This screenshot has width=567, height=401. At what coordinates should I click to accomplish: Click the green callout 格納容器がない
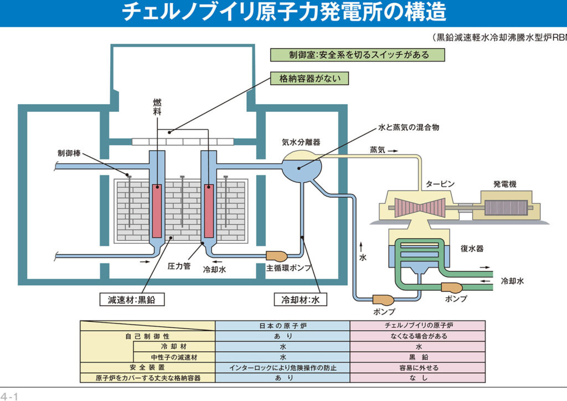pos(310,79)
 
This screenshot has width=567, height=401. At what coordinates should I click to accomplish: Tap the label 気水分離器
pos(301,142)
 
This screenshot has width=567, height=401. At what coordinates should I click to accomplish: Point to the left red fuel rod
pos(157,210)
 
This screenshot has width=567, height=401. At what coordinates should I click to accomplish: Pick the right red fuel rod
pos(209,210)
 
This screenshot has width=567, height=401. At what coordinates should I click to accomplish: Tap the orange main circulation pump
pos(276,256)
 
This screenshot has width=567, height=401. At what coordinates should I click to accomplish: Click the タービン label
pos(440,184)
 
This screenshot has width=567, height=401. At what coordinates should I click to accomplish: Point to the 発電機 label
pos(504,184)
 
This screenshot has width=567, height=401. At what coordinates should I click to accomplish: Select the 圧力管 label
pos(179,266)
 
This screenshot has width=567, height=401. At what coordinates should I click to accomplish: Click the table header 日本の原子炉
pos(282,326)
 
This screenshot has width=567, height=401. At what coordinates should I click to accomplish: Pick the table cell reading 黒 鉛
pos(417,357)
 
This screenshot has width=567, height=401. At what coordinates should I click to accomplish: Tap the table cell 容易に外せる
pos(417,367)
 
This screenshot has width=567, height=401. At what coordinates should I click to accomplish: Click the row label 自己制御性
pos(147,336)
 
